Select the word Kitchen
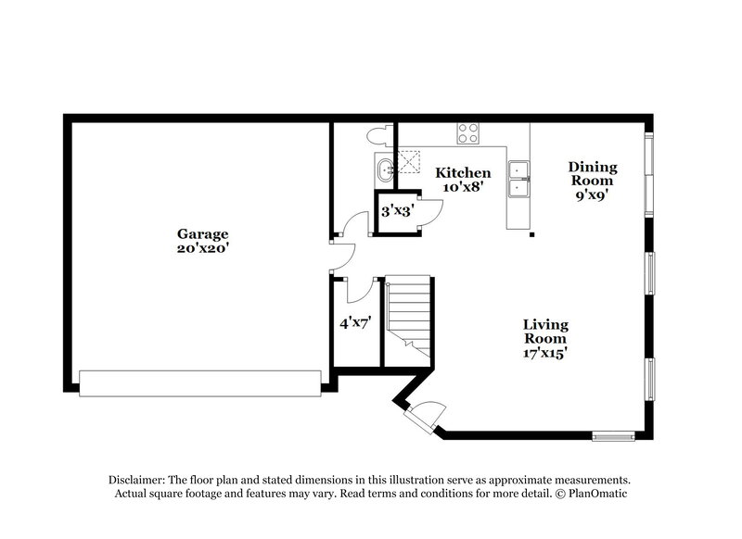click(x=463, y=173)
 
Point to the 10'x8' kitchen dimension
click(x=463, y=187)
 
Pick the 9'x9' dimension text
click(x=593, y=195)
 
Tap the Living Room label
click(x=544, y=332)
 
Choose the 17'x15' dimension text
click(x=544, y=353)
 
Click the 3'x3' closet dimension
click(x=397, y=212)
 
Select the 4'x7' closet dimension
click(x=355, y=324)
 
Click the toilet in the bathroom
click(x=377, y=135)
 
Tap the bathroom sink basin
click(x=385, y=169)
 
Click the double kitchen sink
click(x=518, y=180)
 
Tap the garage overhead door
click(x=199, y=383)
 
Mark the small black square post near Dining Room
click(x=531, y=235)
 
